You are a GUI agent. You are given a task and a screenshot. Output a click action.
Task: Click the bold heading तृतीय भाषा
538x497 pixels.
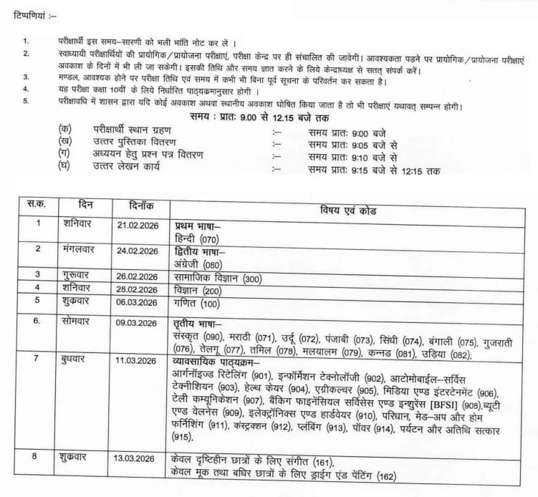tap(198, 322)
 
